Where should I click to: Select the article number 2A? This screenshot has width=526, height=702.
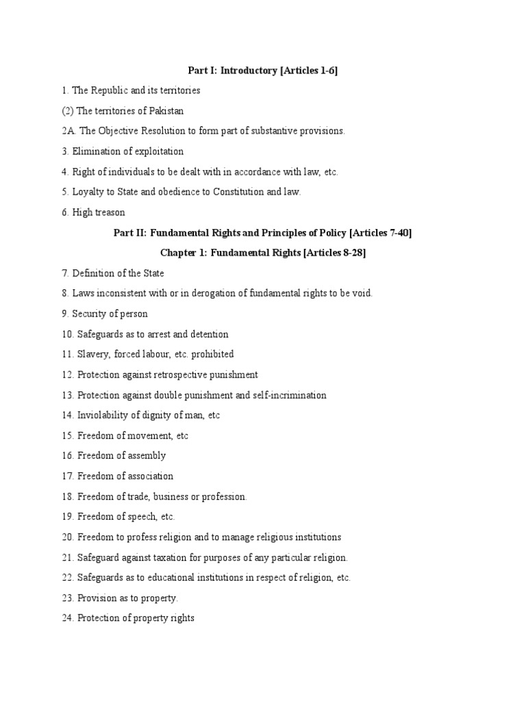[x=68, y=131]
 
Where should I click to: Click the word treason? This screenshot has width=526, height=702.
[x=110, y=213]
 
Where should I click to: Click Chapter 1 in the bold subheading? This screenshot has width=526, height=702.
[x=181, y=253]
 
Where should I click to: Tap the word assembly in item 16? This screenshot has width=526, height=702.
[x=147, y=456]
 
